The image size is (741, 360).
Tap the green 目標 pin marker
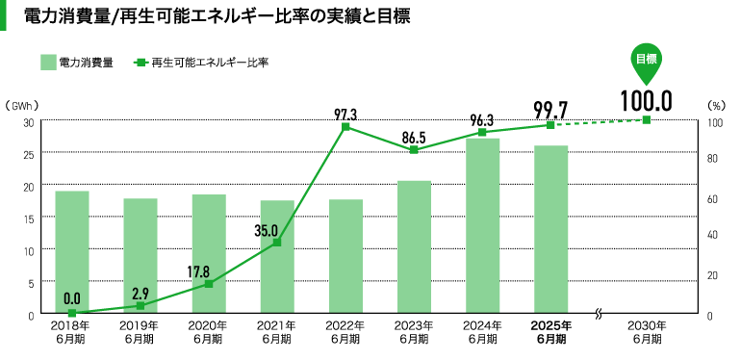point(646,60)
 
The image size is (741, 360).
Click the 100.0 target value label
point(645,100)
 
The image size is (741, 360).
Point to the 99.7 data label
point(550,109)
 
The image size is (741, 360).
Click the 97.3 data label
point(345,114)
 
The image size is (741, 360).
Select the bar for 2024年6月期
point(482,226)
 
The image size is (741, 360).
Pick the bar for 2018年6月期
point(72,252)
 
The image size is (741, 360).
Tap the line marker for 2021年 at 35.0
point(277,243)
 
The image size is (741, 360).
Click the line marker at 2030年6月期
point(646,119)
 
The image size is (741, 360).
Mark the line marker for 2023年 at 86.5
point(414,150)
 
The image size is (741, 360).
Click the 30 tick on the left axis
point(29,122)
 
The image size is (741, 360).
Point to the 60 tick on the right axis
point(713,199)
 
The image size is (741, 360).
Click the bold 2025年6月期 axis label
point(550,332)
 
